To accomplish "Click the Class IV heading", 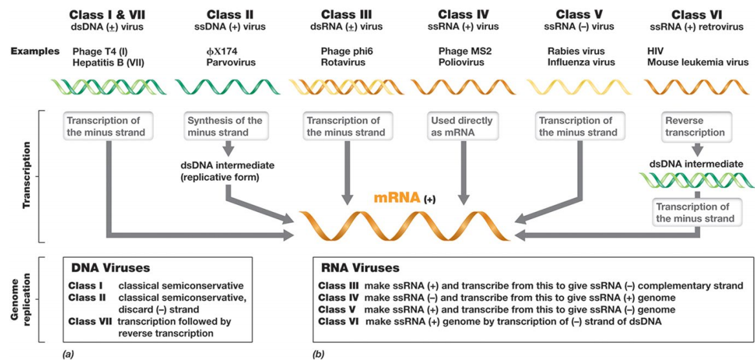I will click(463, 14).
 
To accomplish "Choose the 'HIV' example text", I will click(655, 51).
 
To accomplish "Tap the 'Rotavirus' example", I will click(343, 63).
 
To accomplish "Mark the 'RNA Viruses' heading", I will click(359, 268).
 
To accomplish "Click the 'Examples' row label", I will click(35, 51).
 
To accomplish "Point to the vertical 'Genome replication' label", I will click(18, 299).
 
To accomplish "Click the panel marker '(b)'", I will click(318, 354).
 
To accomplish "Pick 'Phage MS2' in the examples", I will click(461, 51).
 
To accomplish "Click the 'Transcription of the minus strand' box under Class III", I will click(345, 126).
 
